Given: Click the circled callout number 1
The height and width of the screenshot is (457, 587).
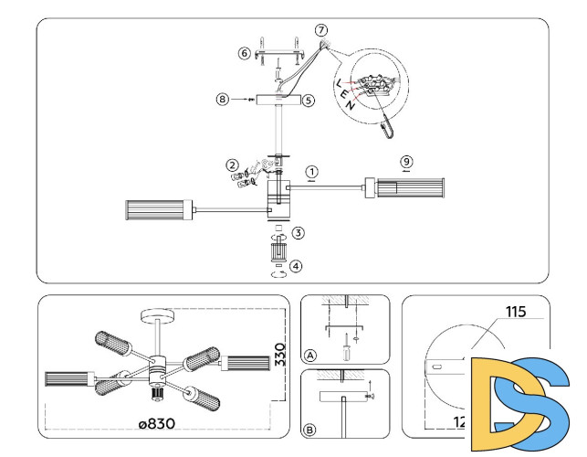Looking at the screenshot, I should click(x=312, y=171).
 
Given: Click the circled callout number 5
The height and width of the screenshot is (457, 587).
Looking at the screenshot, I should click(x=309, y=101).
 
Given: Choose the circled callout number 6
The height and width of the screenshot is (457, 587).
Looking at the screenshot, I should click(x=244, y=54).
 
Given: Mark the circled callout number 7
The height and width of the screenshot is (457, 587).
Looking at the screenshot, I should click(x=320, y=31).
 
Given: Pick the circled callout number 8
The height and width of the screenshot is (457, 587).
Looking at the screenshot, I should click(x=222, y=99).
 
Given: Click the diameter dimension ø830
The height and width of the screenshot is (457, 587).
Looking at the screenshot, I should click(x=156, y=423).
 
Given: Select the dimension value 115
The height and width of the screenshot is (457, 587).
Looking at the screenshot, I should click(x=518, y=313).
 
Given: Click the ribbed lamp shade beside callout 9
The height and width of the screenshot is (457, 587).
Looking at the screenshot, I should click(x=405, y=189).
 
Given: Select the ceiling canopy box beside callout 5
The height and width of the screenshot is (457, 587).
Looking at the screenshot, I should click(x=278, y=101).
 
